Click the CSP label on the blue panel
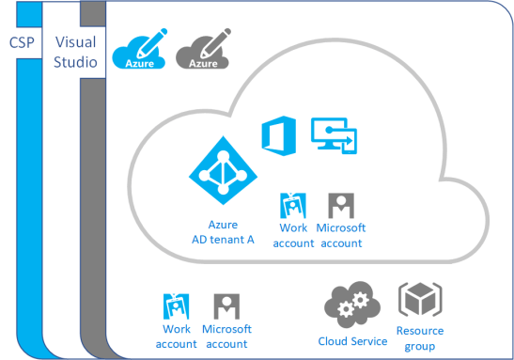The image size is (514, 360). coord(23,42)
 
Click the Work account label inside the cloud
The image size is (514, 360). coord(294,235)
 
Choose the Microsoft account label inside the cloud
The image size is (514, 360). coord(340,235)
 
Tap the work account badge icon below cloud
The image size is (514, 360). coord(177,305)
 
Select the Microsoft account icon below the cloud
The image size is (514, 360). coord(226,305)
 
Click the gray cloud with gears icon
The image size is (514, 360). coord(352,303)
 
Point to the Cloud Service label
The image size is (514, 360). coord(352,340)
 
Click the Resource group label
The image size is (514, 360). coord(419,337)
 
